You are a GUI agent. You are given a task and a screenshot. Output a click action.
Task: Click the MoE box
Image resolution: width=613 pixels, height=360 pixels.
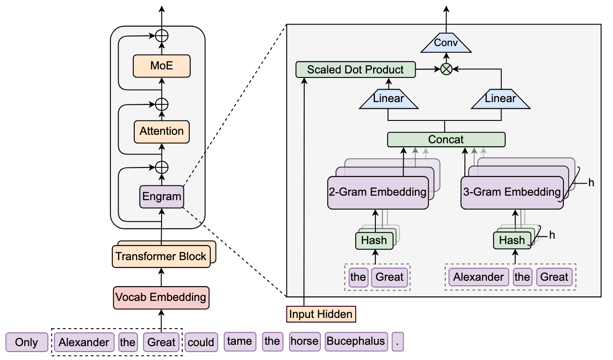click(162, 66)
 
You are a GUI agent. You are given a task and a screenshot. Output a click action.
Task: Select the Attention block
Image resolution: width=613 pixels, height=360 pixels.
click(162, 131)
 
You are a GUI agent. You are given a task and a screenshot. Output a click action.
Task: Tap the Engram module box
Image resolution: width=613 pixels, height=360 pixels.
click(162, 196)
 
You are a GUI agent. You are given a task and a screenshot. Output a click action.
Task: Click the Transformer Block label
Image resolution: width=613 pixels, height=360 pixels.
click(161, 257)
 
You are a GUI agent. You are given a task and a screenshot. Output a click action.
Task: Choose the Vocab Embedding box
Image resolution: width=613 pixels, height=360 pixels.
click(161, 297)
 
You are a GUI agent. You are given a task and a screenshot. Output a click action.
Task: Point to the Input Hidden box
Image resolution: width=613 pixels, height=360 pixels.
click(320, 314)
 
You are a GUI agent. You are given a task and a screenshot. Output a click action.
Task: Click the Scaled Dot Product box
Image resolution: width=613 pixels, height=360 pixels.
click(355, 69)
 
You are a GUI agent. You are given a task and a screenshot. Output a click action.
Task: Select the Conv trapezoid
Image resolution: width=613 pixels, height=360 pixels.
click(446, 43)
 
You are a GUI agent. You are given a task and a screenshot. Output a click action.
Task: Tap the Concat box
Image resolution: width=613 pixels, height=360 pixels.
click(446, 139)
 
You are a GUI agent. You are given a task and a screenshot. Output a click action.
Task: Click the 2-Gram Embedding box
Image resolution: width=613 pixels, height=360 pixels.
click(378, 193)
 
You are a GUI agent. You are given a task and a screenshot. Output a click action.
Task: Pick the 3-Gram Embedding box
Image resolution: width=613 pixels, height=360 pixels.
click(511, 193)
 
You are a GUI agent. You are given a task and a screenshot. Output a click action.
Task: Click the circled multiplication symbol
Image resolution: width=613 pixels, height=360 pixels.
click(446, 69)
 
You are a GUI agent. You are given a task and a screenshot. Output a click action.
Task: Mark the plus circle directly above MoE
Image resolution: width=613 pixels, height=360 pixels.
click(162, 36)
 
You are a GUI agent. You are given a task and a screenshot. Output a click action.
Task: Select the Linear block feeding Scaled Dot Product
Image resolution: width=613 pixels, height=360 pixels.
click(388, 99)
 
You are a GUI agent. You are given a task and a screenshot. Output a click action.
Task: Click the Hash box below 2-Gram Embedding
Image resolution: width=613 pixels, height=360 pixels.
click(374, 240)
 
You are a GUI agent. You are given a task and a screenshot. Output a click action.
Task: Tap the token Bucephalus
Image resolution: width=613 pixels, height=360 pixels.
click(355, 342)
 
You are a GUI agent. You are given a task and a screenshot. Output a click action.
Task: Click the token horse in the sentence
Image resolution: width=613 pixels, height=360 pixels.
click(304, 342)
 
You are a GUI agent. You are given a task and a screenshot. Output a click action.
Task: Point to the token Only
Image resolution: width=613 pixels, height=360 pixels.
click(26, 343)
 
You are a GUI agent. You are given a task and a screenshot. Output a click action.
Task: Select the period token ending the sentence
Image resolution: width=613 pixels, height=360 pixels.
click(397, 342)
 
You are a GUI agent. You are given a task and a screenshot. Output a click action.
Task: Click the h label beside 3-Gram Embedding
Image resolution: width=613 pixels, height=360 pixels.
click(591, 183)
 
